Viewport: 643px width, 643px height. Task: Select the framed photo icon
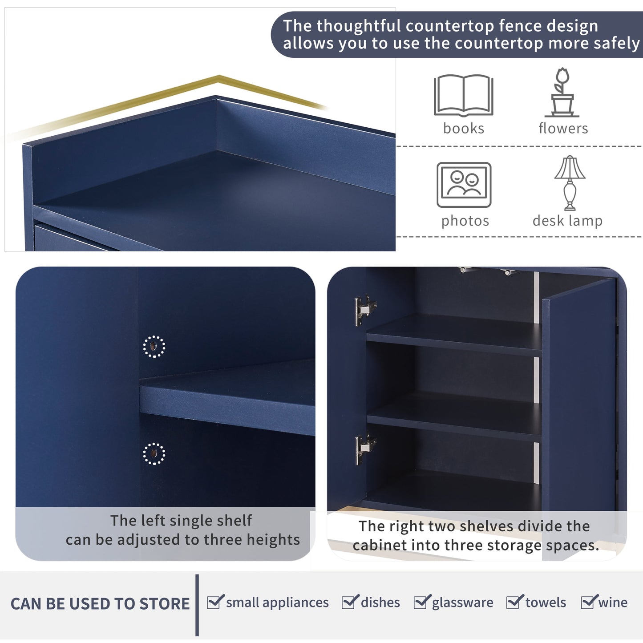coord(464,185)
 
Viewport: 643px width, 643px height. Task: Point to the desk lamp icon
coord(570,182)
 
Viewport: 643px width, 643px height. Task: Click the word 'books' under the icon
coord(464,128)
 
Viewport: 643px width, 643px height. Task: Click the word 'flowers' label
coord(563,128)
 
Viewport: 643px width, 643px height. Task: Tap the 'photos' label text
coord(465,221)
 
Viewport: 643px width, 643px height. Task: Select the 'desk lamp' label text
coord(567,221)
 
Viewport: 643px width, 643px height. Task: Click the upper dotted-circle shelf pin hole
coord(154,346)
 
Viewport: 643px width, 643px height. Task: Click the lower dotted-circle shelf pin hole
coord(154,453)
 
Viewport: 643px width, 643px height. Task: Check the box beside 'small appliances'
coord(214,603)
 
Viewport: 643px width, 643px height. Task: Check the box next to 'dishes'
coord(349,603)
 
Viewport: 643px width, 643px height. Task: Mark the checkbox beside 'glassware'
coord(421,603)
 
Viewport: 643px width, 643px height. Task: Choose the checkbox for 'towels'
coord(514,603)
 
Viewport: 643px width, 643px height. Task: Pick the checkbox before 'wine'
coord(588,603)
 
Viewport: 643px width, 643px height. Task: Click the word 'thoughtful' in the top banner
coord(359,26)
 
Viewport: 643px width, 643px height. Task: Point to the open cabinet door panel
coord(578,400)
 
